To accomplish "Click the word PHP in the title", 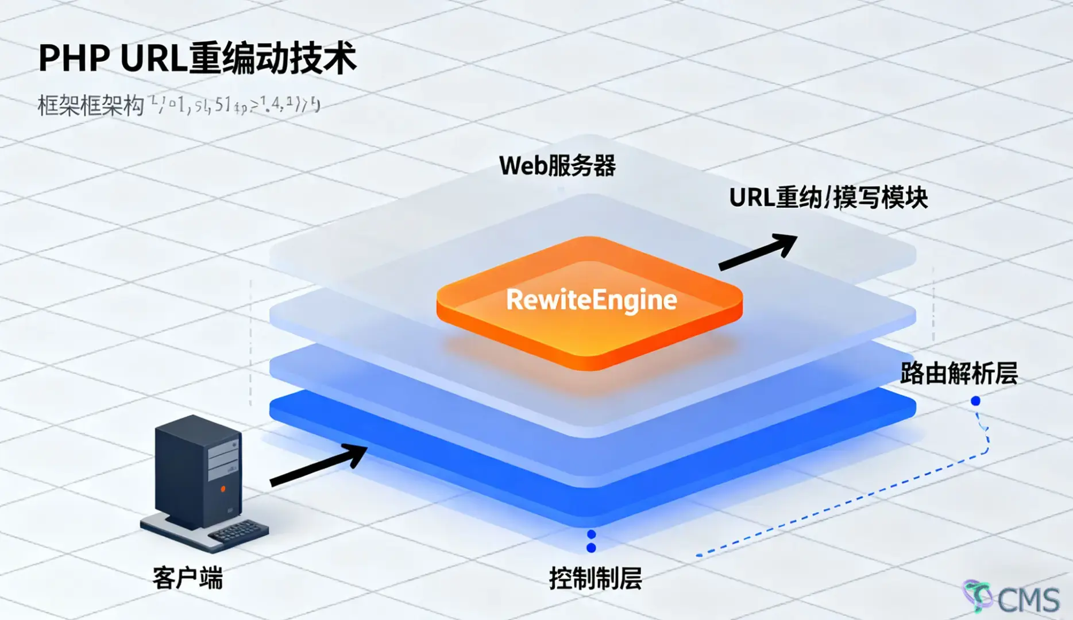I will tap(74, 58).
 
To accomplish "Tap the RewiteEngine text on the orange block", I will tap(591, 300).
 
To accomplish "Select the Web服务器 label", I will tap(557, 166).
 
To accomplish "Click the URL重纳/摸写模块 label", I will tap(828, 197).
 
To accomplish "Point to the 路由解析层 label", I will tap(958, 374).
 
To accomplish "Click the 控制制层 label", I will tap(595, 578).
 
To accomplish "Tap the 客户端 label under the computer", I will tap(187, 578).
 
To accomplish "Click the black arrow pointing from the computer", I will tap(319, 464).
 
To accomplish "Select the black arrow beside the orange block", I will tap(758, 252).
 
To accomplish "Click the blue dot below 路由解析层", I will tap(975, 401).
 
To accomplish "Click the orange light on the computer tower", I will tap(223, 489).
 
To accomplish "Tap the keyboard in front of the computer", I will tap(237, 531).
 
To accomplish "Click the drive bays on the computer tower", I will tap(222, 460).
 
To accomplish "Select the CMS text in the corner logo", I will tap(1028, 600).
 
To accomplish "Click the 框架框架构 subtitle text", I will tap(90, 106).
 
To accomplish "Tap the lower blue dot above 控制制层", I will tap(591, 548).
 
